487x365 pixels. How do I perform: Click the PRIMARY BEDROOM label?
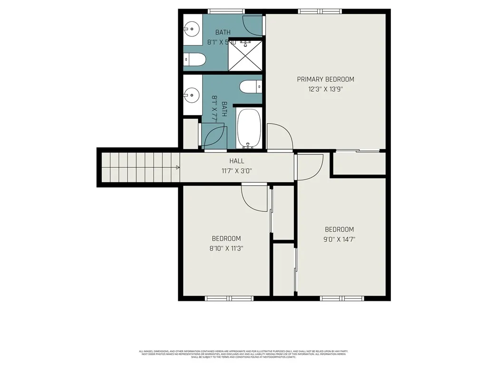(x=325, y=79)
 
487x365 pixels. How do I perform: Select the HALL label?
(x=236, y=161)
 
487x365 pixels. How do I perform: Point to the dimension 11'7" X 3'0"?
(x=236, y=170)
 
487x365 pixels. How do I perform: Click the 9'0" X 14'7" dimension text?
(x=340, y=239)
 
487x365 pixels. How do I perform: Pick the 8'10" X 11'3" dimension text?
(x=226, y=248)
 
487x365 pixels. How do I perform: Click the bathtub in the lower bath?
(x=249, y=128)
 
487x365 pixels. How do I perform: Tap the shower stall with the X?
(x=245, y=56)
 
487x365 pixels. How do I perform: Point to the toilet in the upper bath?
(x=195, y=60)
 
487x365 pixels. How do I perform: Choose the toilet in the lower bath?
(x=251, y=87)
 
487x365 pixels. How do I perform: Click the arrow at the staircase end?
(x=177, y=167)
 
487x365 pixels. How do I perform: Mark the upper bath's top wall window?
(x=226, y=11)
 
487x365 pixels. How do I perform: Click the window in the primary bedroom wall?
(x=320, y=11)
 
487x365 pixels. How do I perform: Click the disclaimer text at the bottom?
(x=243, y=354)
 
